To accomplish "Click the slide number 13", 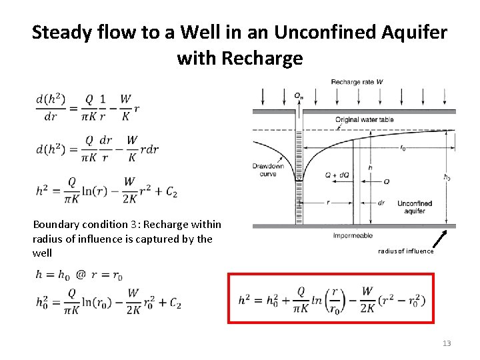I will coord(446,343).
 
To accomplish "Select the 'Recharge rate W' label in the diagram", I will coord(357,82).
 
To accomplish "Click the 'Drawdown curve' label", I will coord(268,170).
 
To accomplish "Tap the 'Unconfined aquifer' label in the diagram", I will coord(414,207).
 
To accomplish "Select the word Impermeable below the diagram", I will coord(353,235).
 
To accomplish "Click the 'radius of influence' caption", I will coord(406,251).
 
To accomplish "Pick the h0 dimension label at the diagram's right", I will coord(447,177).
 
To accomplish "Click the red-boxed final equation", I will coord(331,298).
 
